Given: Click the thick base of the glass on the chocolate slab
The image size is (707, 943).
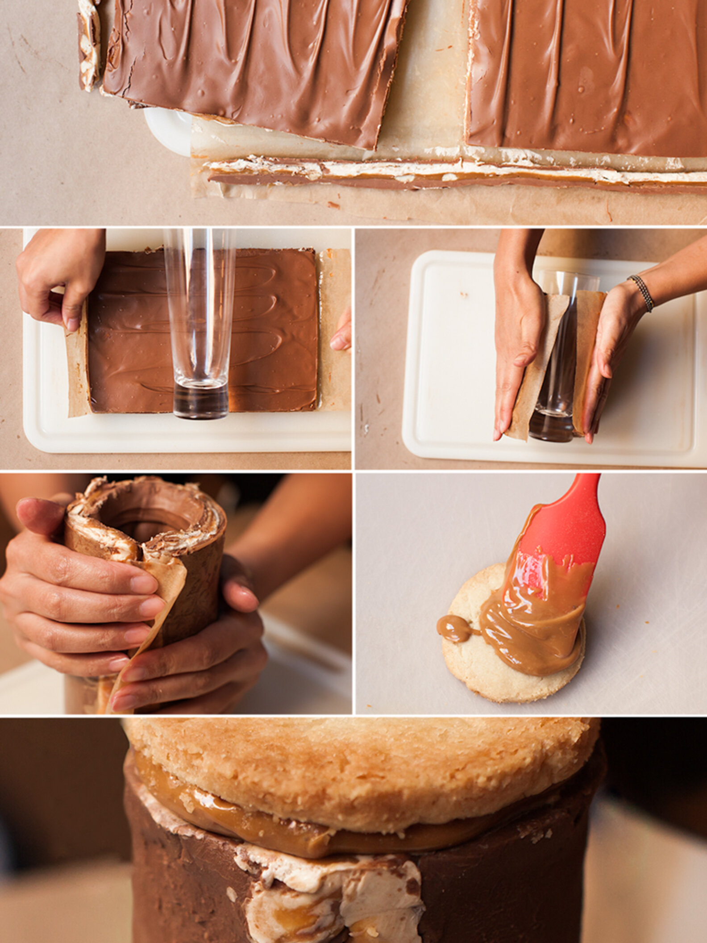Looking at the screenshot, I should point(200,400).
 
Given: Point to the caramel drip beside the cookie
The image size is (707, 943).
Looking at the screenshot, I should point(452,622).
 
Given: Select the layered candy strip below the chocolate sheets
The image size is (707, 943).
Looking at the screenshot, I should point(446,176).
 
